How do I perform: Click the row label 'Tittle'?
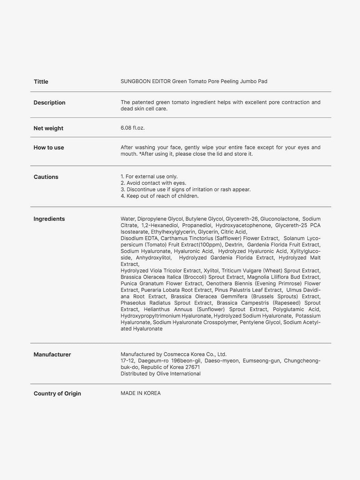coord(41,82)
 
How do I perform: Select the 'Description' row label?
coord(49,103)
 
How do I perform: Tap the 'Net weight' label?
coord(48,128)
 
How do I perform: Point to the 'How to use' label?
coord(49,148)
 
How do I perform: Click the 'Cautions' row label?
coord(46,177)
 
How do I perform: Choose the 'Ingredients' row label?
coord(49,219)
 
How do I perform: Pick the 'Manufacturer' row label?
coord(52,354)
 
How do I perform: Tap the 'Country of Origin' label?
coord(57,394)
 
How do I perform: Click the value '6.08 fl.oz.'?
coord(132,128)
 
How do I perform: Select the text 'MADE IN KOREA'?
coord(140,393)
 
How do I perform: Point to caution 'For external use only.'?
coord(151,177)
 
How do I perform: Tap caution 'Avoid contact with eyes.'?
coord(156,183)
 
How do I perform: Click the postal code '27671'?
coord(193,367)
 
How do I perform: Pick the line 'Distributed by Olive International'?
coord(160,374)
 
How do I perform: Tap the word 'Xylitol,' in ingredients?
coord(211,271)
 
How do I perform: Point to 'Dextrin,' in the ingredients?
coord(234,245)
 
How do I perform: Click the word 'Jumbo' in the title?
coord(248,81)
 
